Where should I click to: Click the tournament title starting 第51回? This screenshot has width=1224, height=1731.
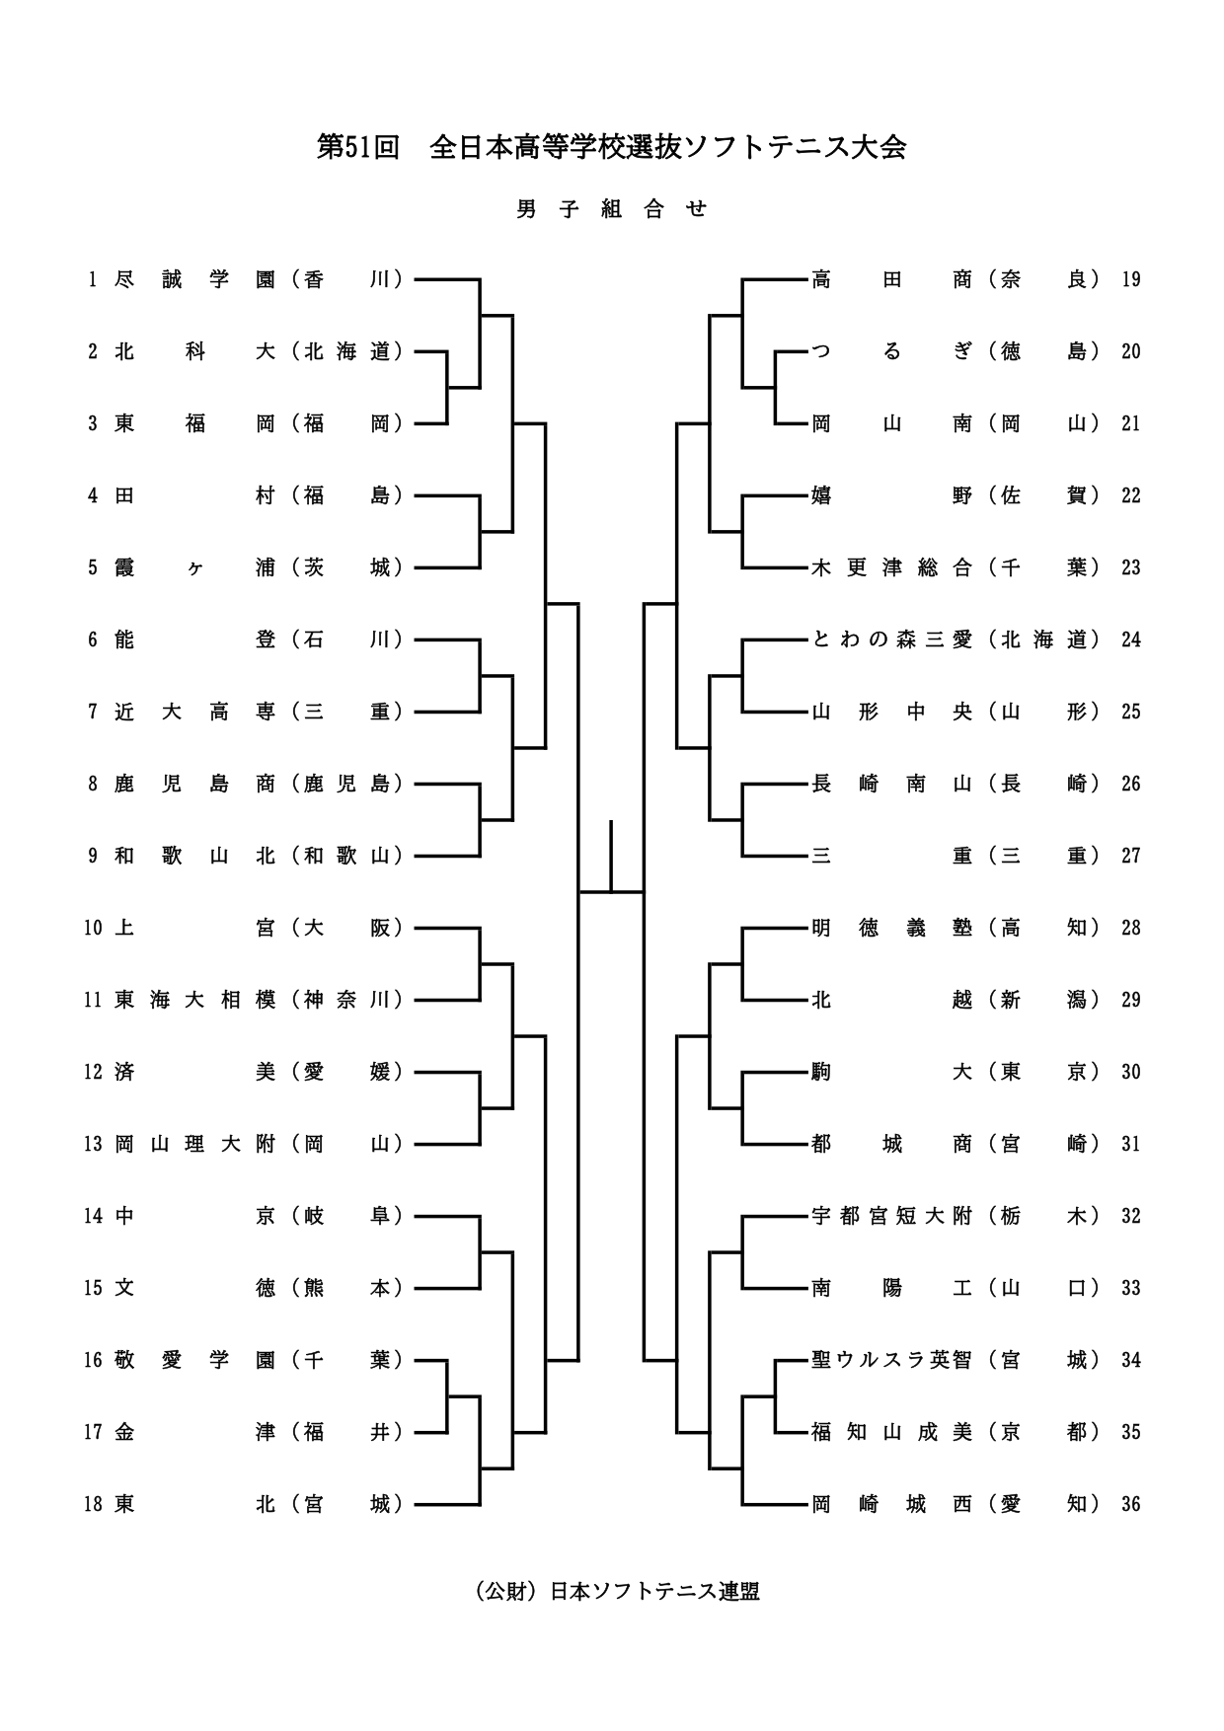[611, 148]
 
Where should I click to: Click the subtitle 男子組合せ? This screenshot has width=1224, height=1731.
[612, 209]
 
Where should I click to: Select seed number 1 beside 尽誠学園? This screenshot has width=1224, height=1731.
[93, 280]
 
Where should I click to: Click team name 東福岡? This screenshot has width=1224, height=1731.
[194, 424]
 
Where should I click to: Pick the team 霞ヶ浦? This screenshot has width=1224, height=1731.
[194, 568]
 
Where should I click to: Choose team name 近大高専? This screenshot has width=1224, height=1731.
[194, 713]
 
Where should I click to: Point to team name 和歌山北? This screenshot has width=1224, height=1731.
[194, 857]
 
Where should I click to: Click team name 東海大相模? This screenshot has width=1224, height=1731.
[194, 1001]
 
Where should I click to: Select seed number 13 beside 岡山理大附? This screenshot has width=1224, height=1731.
[93, 1145]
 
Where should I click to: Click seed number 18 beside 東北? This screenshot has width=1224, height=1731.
[93, 1505]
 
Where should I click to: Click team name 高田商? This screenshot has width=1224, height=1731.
[891, 280]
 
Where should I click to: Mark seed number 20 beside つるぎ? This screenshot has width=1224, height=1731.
[1131, 352]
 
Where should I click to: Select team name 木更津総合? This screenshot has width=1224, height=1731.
[891, 568]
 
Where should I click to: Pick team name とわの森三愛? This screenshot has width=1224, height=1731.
[891, 640]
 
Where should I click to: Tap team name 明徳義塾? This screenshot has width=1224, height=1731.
[891, 929]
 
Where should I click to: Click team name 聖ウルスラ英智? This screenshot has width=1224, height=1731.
[891, 1361]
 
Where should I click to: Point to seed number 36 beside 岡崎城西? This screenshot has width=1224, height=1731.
[1131, 1505]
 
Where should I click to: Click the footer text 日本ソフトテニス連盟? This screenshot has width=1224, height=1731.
[654, 1592]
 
